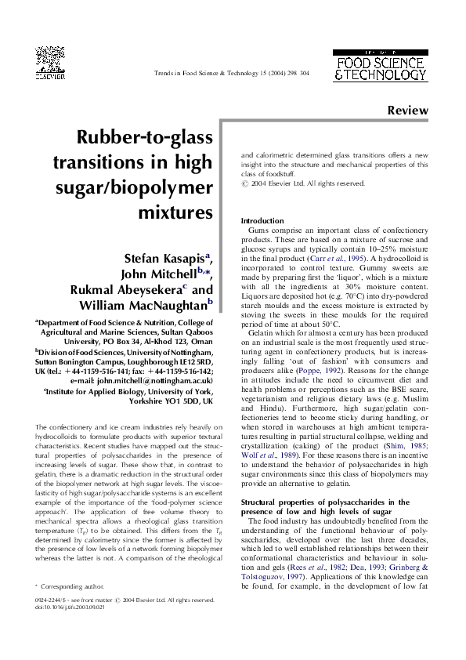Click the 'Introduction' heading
coord(262,221)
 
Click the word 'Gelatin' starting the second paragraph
coord(262,333)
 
